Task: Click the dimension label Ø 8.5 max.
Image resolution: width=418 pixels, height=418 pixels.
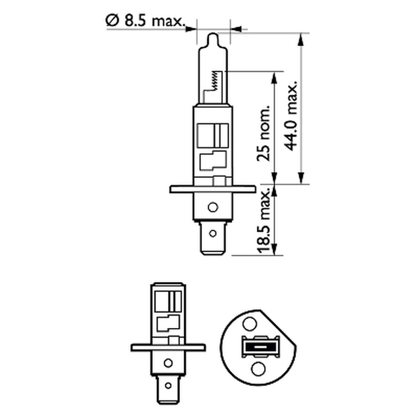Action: [146, 21]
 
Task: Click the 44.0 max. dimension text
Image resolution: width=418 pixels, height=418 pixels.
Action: [291, 115]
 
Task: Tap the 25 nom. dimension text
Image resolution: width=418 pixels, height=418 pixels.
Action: [263, 133]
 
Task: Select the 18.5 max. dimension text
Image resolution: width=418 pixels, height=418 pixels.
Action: [263, 220]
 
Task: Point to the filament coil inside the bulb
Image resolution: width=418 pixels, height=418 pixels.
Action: [215, 80]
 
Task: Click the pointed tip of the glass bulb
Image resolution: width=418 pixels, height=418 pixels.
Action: [213, 33]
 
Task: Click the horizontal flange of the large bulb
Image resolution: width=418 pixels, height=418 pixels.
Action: [212, 189]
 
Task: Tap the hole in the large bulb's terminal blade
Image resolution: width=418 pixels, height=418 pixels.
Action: [212, 233]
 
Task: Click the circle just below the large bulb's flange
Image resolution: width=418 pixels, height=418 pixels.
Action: [212, 207]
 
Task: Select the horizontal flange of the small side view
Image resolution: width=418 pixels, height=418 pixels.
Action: [168, 348]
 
